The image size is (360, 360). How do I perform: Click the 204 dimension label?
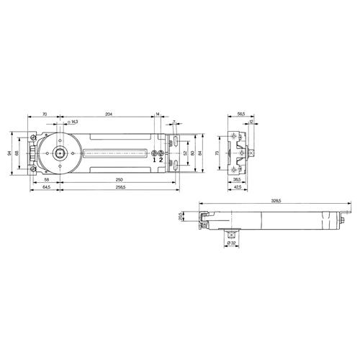pyautogui.click(x=108, y=114)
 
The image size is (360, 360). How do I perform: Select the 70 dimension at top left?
pyautogui.click(x=44, y=114)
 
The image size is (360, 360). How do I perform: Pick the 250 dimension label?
pyautogui.click(x=117, y=179)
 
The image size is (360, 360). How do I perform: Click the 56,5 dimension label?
pyautogui.click(x=241, y=114)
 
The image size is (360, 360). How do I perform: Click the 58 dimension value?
pyautogui.click(x=45, y=179)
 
